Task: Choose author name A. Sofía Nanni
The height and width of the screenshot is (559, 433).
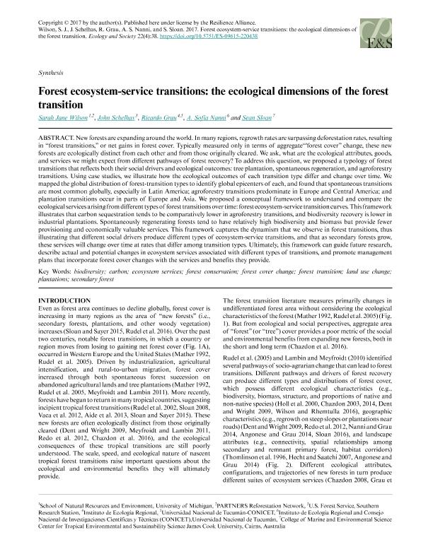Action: pyautogui.click(x=229, y=117)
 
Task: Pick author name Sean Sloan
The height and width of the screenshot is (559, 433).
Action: pyautogui.click(x=279, y=117)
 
